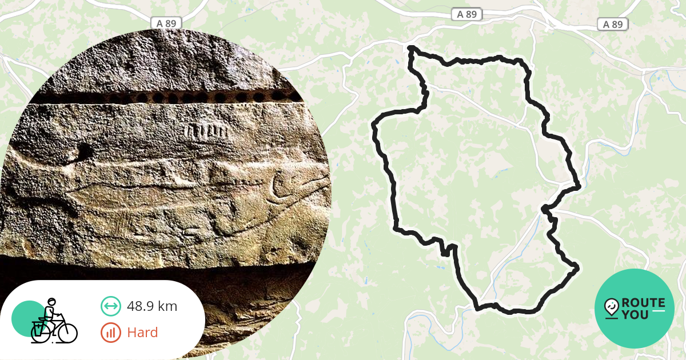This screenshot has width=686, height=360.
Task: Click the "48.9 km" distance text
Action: coord(151,306)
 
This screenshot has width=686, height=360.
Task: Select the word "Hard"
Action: coord(142,332)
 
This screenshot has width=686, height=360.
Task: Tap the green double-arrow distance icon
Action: coord(111,306)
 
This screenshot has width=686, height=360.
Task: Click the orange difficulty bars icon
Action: coord(111,332)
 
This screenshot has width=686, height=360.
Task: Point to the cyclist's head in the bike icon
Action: coord(51,303)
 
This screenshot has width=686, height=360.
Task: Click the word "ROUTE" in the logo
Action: coord(643,303)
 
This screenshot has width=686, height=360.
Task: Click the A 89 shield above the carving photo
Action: coord(166,23)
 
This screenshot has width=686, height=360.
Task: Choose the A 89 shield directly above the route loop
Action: coord(467,14)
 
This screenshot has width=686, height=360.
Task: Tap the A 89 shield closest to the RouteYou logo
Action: coord(613,24)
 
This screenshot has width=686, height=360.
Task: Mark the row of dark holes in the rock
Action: coord(171,98)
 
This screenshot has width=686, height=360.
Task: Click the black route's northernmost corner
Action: coord(410,48)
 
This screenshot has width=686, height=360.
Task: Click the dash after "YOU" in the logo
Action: coord(659,311)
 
